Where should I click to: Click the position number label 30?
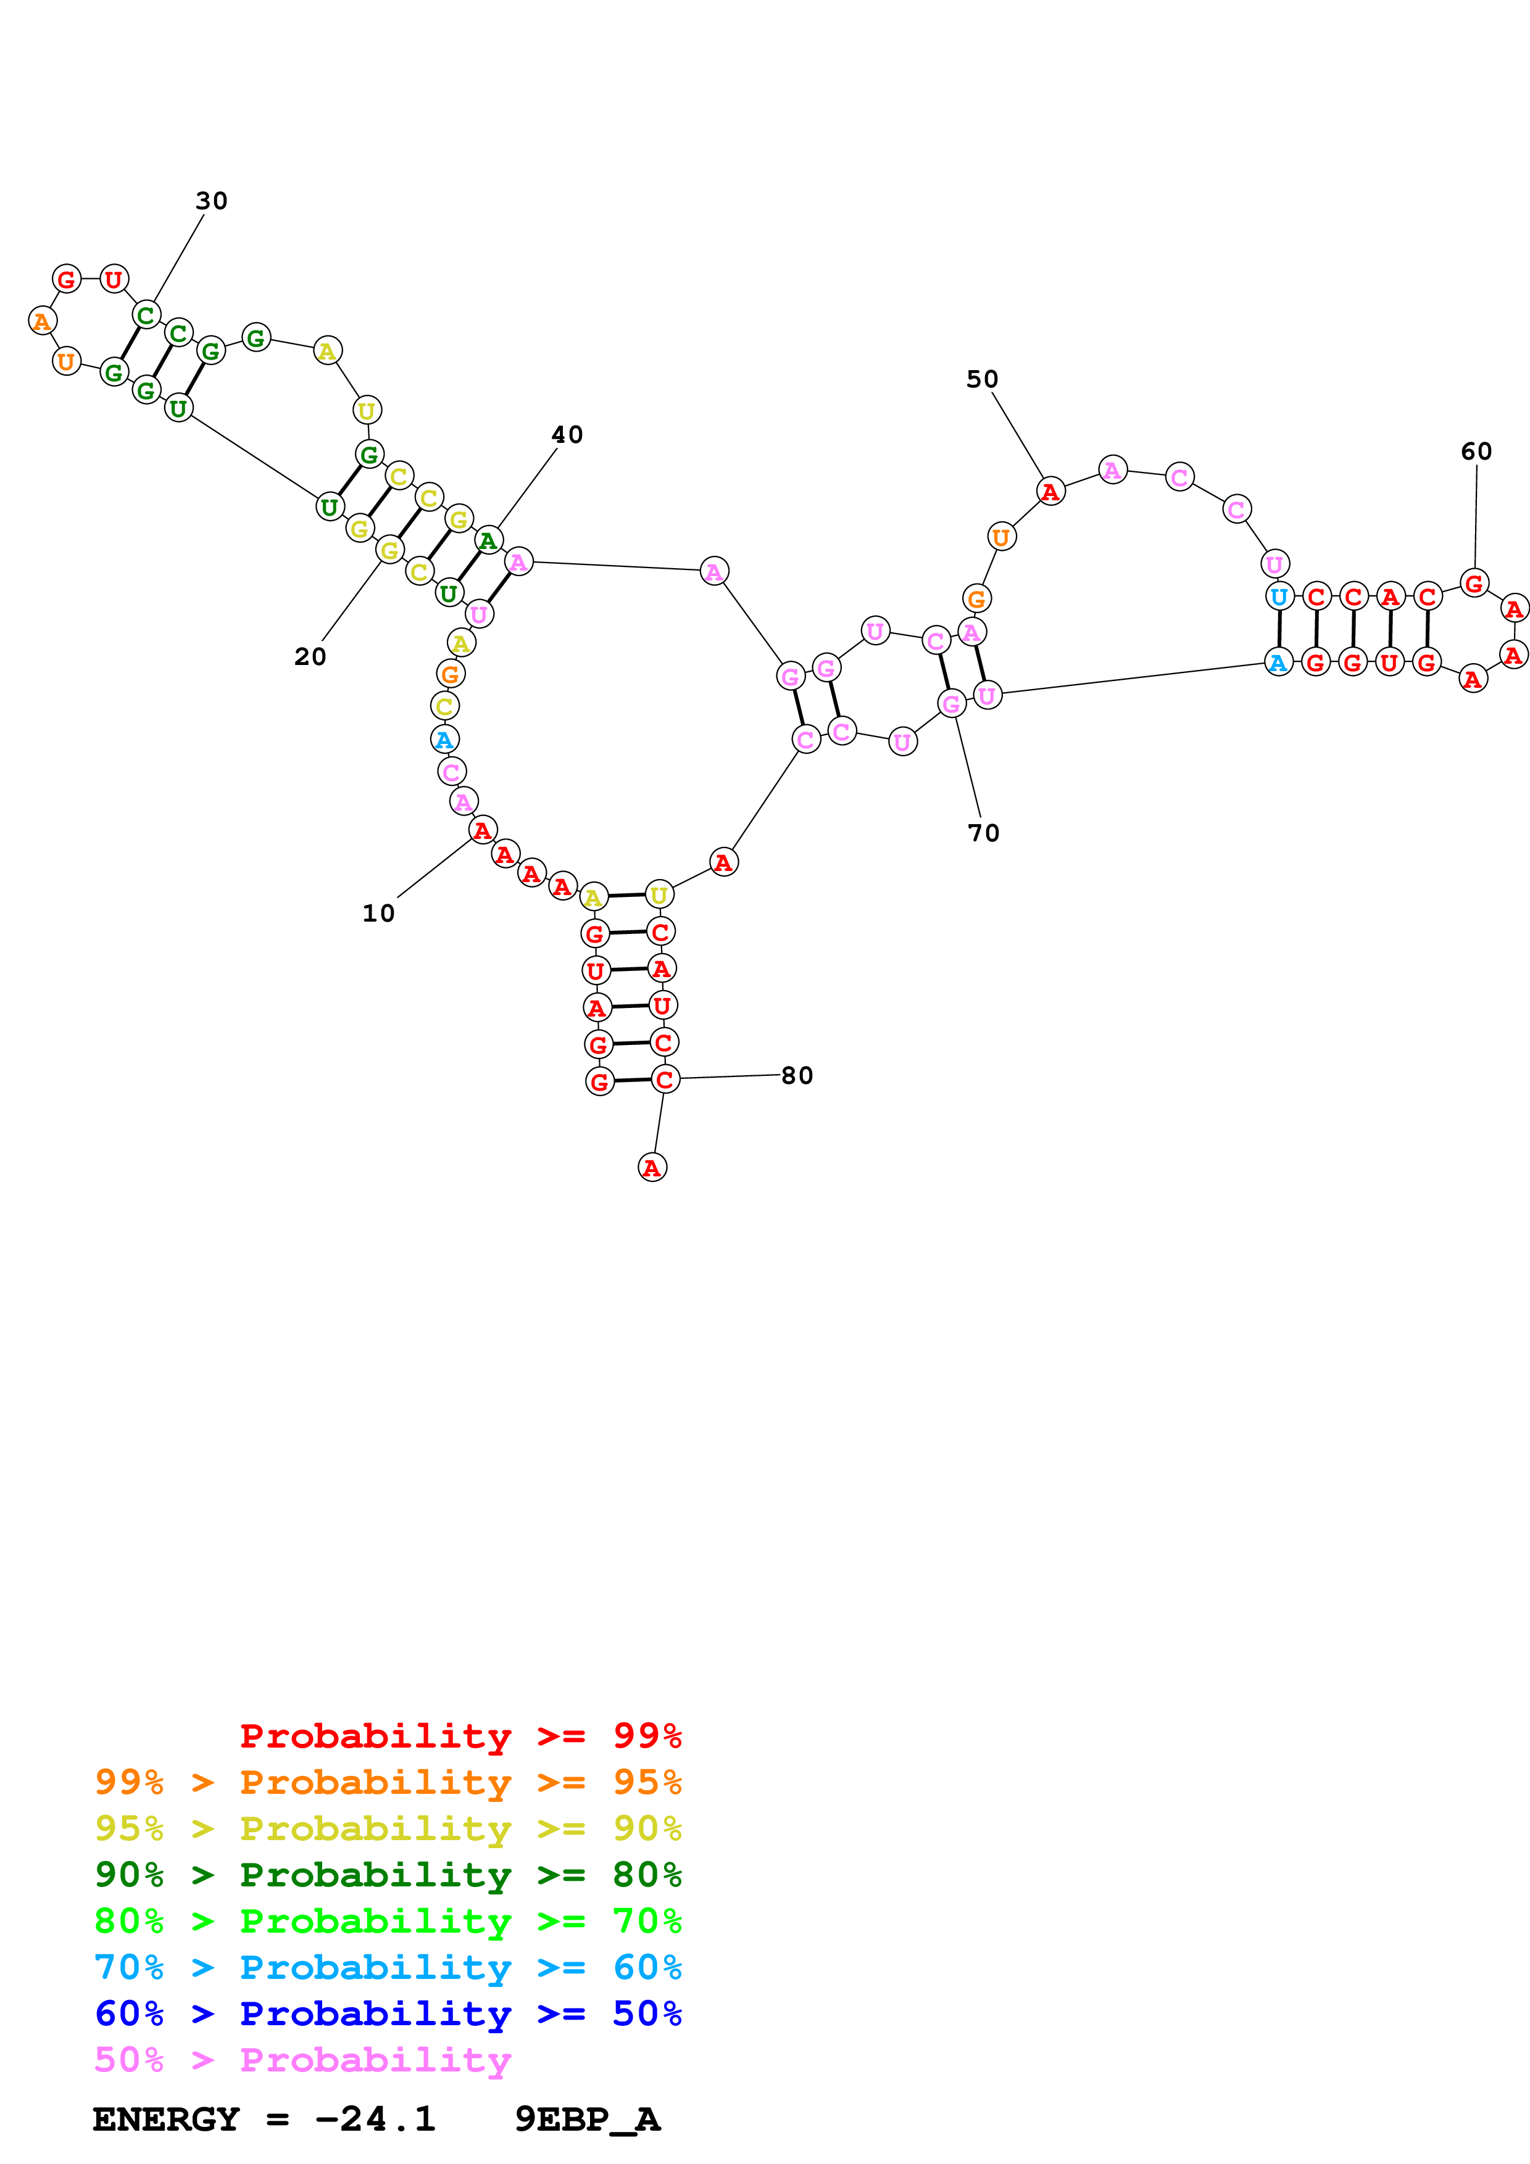tap(211, 200)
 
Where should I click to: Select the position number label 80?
tap(797, 1075)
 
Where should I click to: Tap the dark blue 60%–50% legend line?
tap(388, 2013)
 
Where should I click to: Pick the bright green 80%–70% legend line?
tap(388, 1921)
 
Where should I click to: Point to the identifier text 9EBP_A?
tap(588, 2119)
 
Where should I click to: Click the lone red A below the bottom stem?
tap(651, 1168)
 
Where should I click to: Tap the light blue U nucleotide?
tap(1278, 596)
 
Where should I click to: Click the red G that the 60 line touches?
tap(1473, 584)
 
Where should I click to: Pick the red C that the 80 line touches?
tap(665, 1079)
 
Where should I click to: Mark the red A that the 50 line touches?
tap(1050, 491)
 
